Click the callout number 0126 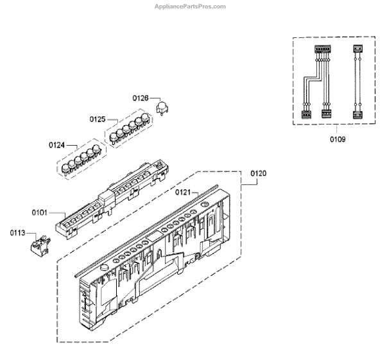point(141,98)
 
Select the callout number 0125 point(97,119)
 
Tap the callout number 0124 point(56,146)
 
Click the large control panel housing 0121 point(154,257)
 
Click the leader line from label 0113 point(29,236)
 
